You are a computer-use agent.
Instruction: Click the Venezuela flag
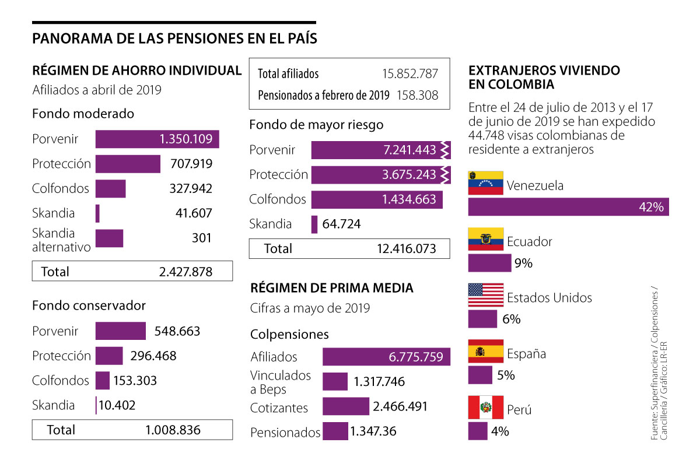pos(485,183)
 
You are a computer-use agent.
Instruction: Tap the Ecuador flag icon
pos(485,239)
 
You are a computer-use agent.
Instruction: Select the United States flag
pos(485,295)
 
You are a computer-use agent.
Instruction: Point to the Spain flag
pos(485,351)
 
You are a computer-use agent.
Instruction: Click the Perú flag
pos(485,407)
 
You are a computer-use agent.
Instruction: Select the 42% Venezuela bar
pos(568,207)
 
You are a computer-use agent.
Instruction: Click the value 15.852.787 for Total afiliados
pos(410,74)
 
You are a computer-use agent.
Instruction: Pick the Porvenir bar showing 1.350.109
pos(157,139)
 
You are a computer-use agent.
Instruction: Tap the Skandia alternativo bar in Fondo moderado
pos(109,238)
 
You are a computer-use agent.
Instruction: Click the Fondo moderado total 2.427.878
pos(185,271)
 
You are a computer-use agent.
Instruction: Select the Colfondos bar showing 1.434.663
pos(376,199)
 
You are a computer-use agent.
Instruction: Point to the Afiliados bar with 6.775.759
pos(386,357)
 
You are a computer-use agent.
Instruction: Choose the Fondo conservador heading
pos(89,306)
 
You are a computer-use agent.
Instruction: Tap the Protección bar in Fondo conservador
pos(109,356)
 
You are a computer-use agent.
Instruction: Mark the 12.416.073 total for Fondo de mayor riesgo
pos(407,248)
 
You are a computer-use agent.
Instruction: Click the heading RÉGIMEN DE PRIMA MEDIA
pos(332,288)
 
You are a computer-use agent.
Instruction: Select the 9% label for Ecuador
pos(523,264)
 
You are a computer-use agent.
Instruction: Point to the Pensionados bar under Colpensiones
pos(335,431)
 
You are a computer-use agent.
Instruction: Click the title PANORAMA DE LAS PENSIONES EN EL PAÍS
pos(175,39)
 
